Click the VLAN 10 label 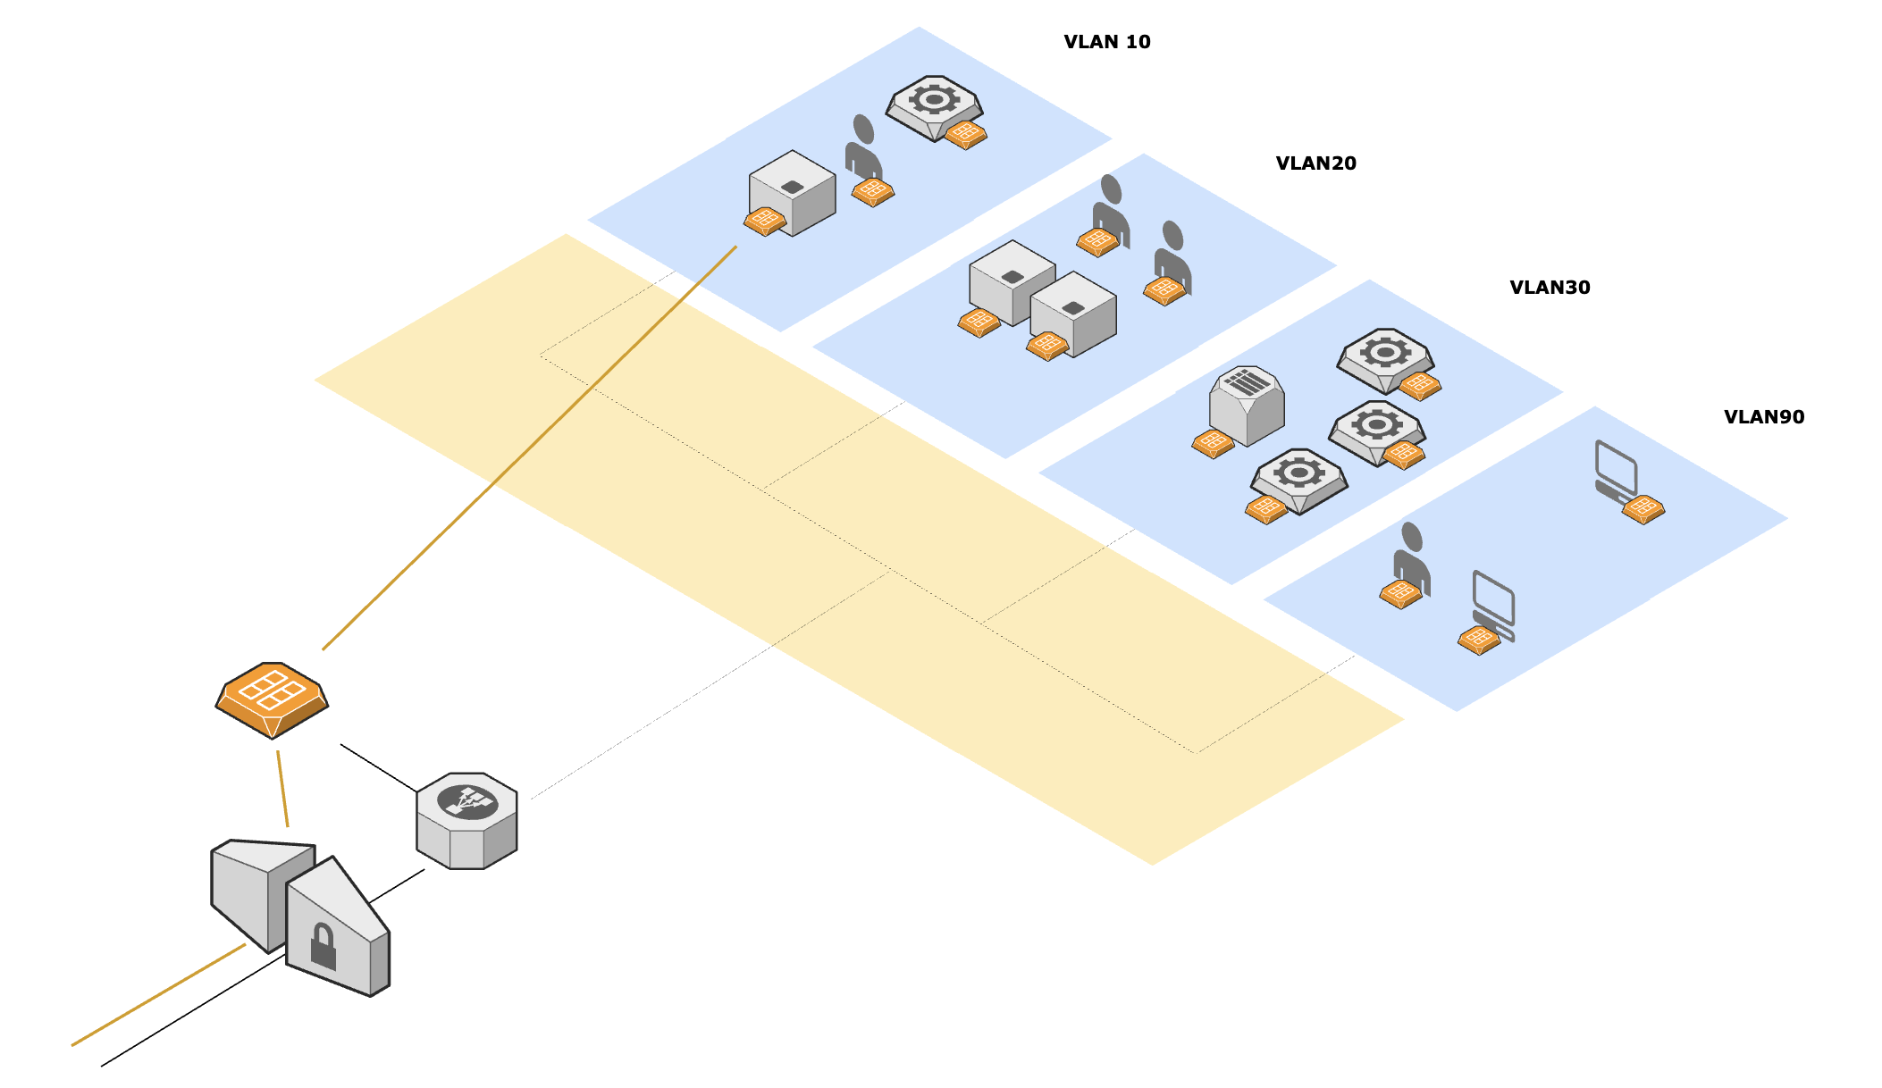[x=1106, y=42]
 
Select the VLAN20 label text [x=1315, y=163]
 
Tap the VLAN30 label [x=1550, y=288]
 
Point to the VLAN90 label [x=1763, y=417]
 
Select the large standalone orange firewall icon [x=272, y=699]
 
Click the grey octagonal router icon [x=466, y=820]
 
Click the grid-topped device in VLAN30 [x=1248, y=404]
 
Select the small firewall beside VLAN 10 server [x=765, y=221]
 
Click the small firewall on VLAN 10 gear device [x=965, y=135]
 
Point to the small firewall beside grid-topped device [x=1213, y=443]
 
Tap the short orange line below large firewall [x=282, y=788]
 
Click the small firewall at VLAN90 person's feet [x=1400, y=593]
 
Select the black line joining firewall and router [x=378, y=767]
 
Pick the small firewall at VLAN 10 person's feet [x=872, y=191]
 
